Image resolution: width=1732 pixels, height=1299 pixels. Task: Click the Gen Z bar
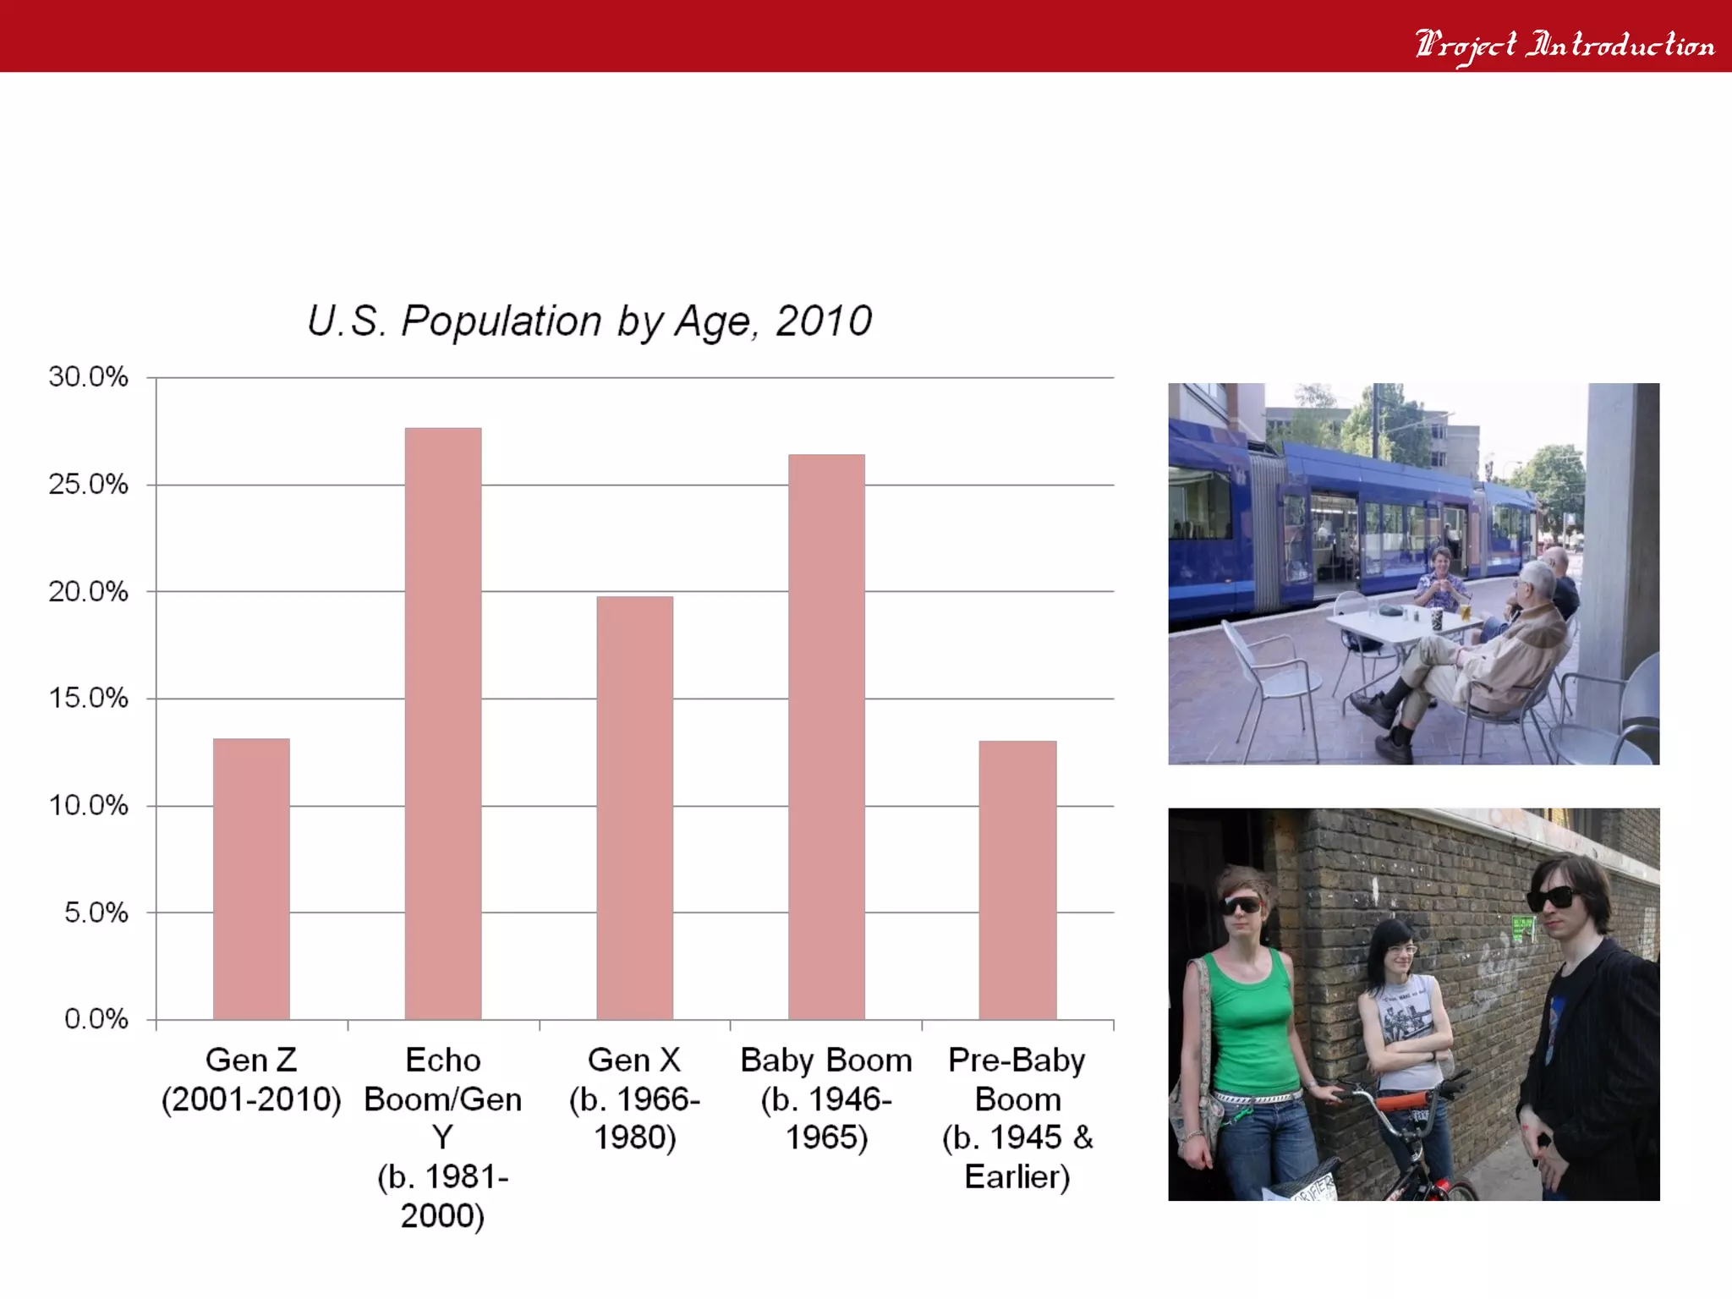(x=251, y=880)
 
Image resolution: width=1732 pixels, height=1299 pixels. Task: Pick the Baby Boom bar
(x=826, y=736)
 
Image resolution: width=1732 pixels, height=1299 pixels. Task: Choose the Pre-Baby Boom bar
(x=1017, y=880)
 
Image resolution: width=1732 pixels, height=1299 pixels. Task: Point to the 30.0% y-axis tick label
(x=88, y=376)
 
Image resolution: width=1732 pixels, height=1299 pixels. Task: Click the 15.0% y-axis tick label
(x=88, y=698)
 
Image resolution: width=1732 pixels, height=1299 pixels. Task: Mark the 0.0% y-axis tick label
(x=96, y=1019)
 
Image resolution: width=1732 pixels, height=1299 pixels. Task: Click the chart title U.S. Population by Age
(x=589, y=321)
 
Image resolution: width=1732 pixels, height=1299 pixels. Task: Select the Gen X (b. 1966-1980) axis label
(x=634, y=1099)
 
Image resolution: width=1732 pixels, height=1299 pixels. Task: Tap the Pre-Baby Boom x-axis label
(x=1017, y=1118)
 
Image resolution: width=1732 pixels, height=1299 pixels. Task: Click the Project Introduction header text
(x=1565, y=44)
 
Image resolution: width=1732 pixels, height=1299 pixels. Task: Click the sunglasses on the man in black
(x=1552, y=899)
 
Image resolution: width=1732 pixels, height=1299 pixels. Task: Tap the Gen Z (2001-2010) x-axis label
(x=251, y=1080)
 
